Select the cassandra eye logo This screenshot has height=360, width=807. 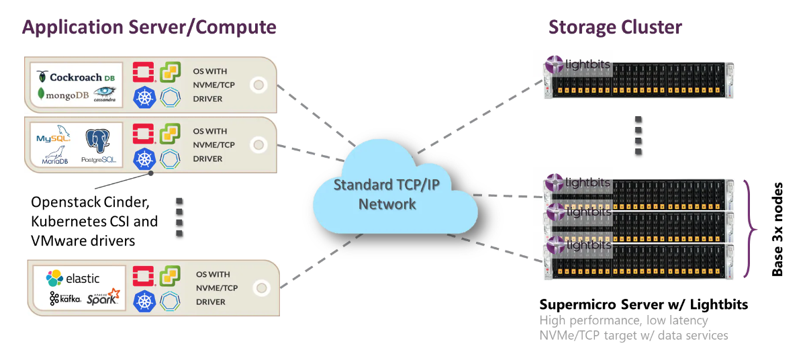pyautogui.click(x=105, y=95)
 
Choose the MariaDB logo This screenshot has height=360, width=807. pyautogui.click(x=56, y=159)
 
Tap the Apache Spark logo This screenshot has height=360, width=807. pyautogui.click(x=103, y=297)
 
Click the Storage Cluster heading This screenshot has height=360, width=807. pyautogui.click(x=615, y=28)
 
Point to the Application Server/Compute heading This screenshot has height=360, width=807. pyautogui.click(x=149, y=28)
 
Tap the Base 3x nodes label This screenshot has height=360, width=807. pyautogui.click(x=777, y=228)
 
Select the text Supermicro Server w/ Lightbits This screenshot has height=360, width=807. pyautogui.click(x=643, y=305)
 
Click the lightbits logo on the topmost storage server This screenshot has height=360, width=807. pyautogui.click(x=569, y=64)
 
